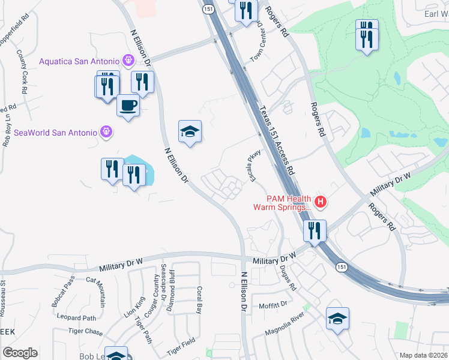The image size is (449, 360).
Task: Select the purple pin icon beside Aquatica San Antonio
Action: [x=127, y=60]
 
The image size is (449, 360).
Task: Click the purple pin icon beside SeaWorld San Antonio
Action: [x=106, y=131]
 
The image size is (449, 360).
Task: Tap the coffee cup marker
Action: [x=128, y=106]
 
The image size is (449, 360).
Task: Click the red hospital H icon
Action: [x=321, y=202]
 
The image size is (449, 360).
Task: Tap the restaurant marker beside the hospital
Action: [x=315, y=231]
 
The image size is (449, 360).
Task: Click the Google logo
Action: [x=20, y=353]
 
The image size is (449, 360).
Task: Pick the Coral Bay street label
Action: [x=199, y=300]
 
